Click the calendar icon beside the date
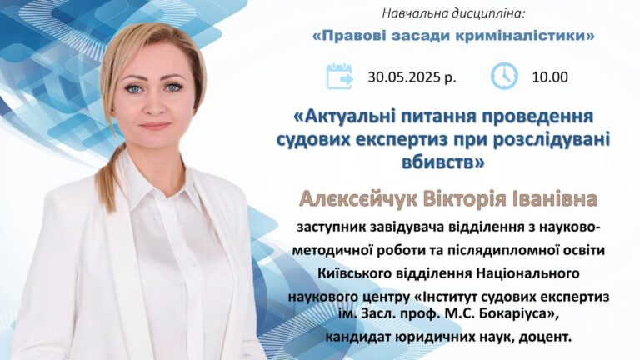340,77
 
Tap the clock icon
504,76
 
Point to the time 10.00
550,77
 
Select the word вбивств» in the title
443,162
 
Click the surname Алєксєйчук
359,200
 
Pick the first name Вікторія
465,199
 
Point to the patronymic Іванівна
554,199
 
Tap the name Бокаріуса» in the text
518,315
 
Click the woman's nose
153,106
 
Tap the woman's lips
155,126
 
